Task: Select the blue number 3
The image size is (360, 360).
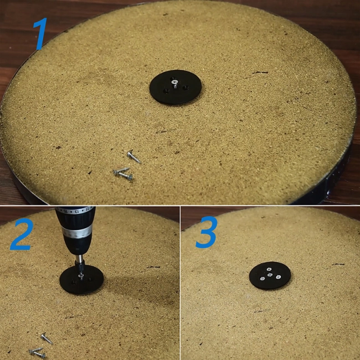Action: click(x=205, y=235)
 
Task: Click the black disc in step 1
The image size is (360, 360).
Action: click(x=176, y=87)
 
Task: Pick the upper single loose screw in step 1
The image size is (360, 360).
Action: click(x=133, y=157)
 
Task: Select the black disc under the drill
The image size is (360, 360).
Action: click(x=82, y=279)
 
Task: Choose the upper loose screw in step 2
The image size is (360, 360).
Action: click(x=46, y=337)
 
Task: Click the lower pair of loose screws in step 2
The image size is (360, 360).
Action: click(x=37, y=352)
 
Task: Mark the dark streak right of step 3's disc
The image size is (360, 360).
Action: click(x=338, y=264)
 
